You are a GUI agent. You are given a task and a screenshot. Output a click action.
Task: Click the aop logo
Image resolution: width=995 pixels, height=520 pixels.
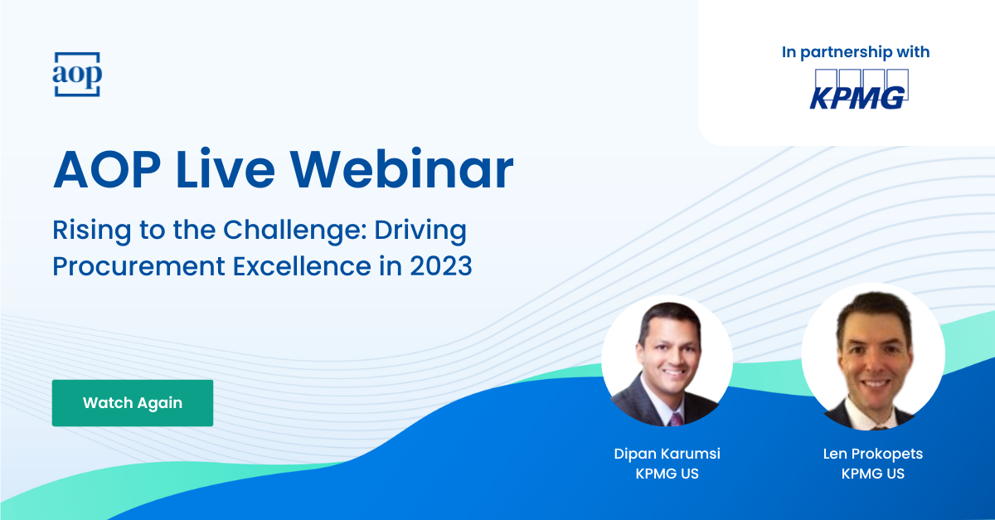pos(77,74)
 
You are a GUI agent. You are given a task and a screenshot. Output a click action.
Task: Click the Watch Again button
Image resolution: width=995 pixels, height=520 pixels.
pos(133,403)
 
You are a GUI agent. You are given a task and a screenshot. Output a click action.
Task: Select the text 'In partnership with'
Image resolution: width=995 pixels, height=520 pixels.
pos(856,52)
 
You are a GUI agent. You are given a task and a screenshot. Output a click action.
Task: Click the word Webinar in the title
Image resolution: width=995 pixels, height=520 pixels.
pos(401,169)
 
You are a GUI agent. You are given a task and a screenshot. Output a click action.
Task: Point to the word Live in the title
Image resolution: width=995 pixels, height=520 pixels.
pos(226,169)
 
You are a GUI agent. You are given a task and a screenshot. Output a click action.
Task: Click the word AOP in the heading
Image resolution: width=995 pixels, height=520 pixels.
pos(107,170)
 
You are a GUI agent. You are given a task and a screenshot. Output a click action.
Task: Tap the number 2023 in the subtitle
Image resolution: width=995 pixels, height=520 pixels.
pos(440,266)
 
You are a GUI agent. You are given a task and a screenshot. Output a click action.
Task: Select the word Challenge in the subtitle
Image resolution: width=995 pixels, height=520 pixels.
pos(294,231)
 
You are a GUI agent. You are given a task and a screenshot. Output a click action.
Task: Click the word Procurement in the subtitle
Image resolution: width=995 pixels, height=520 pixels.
pos(139,267)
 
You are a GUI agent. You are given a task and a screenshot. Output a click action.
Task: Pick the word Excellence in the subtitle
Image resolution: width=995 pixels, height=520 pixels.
pos(302,266)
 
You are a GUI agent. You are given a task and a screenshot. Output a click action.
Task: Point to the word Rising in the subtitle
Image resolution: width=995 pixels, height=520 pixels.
pos(92,231)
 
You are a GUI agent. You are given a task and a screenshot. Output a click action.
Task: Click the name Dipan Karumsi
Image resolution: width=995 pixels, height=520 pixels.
pos(667,454)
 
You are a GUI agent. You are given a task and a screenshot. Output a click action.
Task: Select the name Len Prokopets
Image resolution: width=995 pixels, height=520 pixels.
pos(873,454)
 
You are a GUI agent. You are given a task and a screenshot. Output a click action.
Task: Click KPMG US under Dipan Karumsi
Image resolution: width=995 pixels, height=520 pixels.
pos(667,474)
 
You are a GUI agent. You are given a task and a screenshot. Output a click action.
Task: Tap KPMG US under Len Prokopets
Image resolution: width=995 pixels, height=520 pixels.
pos(873,474)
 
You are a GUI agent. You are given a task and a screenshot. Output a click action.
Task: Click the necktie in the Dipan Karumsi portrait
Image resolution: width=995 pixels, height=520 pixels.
pos(676,420)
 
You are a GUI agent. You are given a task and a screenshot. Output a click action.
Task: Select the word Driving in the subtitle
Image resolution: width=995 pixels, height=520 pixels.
pos(420,231)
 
